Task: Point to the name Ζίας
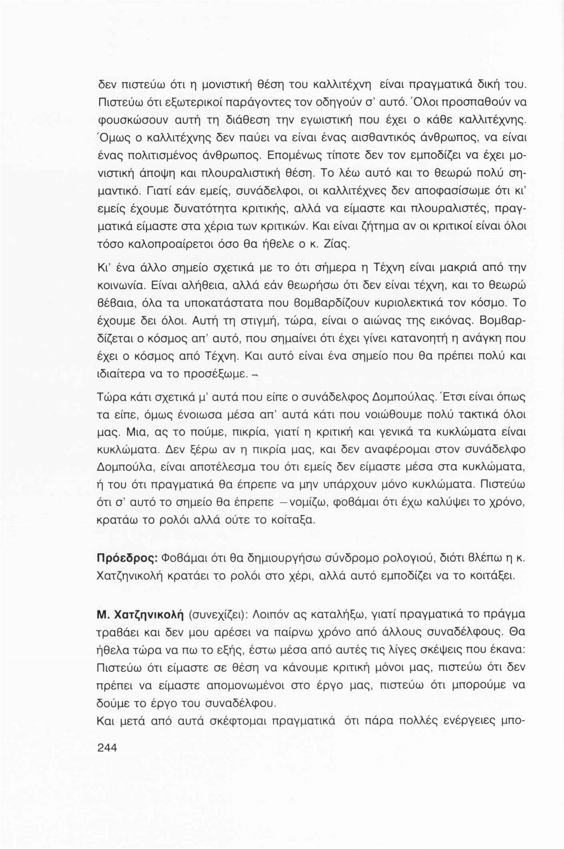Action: [337, 243]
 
